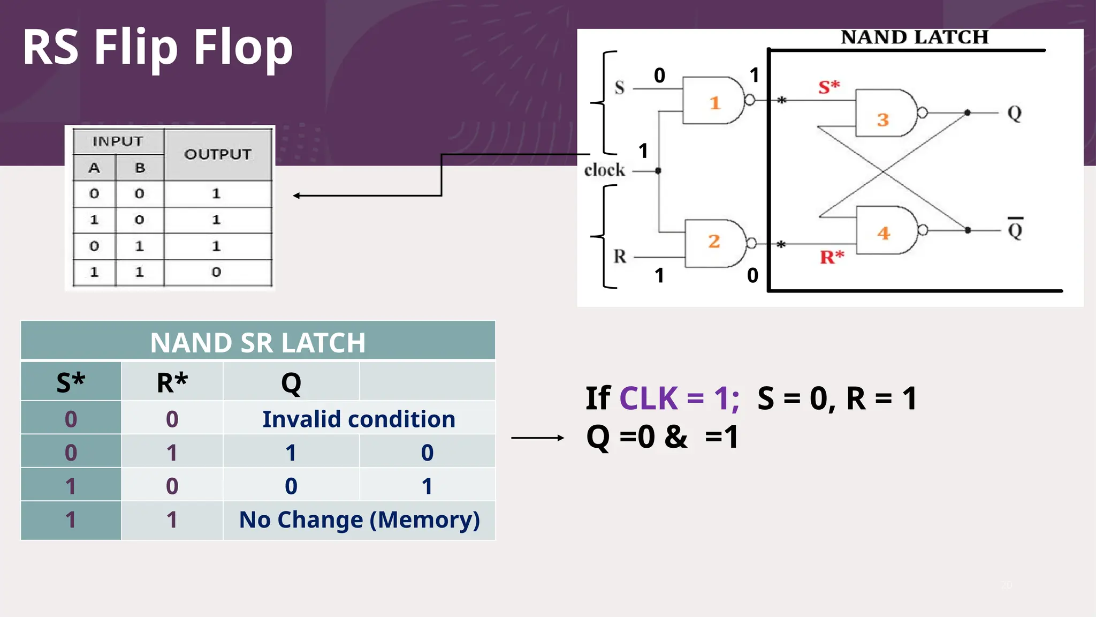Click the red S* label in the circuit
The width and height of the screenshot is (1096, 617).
pyautogui.click(x=828, y=87)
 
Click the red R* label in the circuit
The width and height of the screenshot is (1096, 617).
pyautogui.click(x=831, y=257)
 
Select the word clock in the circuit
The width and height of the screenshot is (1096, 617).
pyautogui.click(x=604, y=170)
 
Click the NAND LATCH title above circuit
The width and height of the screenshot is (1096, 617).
pyautogui.click(x=914, y=37)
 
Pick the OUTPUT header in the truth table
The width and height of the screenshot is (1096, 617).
pyautogui.click(x=217, y=154)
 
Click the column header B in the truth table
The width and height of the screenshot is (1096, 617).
pyautogui.click(x=140, y=168)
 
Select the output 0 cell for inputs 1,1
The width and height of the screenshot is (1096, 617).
pyautogui.click(x=216, y=272)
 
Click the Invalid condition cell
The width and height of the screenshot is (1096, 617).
pyautogui.click(x=359, y=419)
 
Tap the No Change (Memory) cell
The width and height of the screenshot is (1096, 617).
pyautogui.click(x=359, y=520)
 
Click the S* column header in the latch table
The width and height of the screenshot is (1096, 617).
pyautogui.click(x=71, y=382)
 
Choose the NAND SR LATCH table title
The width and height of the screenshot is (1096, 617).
pyautogui.click(x=257, y=342)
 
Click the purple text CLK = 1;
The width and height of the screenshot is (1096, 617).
pyautogui.click(x=679, y=398)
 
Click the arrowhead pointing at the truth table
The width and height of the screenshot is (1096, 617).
pyautogui.click(x=296, y=196)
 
